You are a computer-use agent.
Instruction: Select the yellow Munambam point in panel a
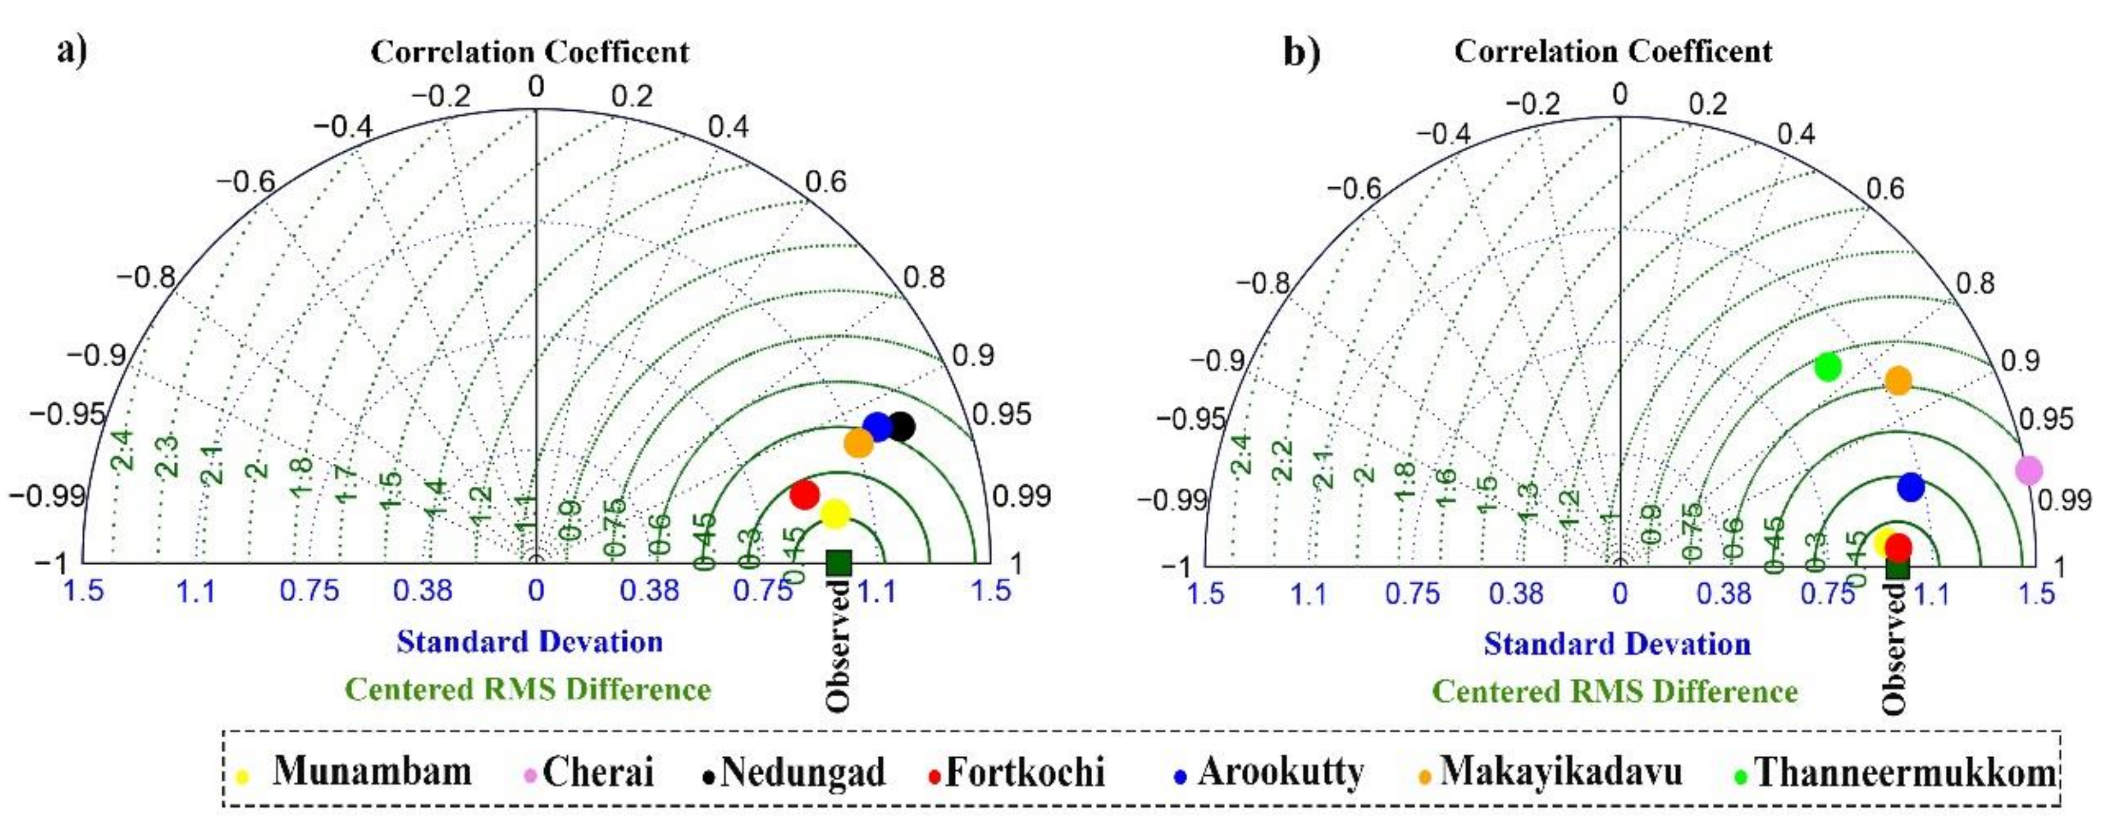pyautogui.click(x=834, y=514)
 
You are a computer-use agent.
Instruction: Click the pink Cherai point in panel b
pyautogui.click(x=2028, y=470)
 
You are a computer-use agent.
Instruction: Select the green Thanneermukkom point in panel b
pyautogui.click(x=1827, y=366)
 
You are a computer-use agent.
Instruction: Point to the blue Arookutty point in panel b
pyautogui.click(x=1910, y=487)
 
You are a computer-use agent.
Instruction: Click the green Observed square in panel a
pyautogui.click(x=839, y=563)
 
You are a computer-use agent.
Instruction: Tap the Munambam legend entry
pyautogui.click(x=371, y=772)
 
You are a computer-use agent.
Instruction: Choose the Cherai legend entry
pyautogui.click(x=597, y=772)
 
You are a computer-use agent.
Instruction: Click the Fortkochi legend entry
pyautogui.click(x=1024, y=772)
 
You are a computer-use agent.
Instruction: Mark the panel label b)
pyautogui.click(x=1301, y=52)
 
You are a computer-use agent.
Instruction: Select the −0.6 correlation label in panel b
pyautogui.click(x=1353, y=189)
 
